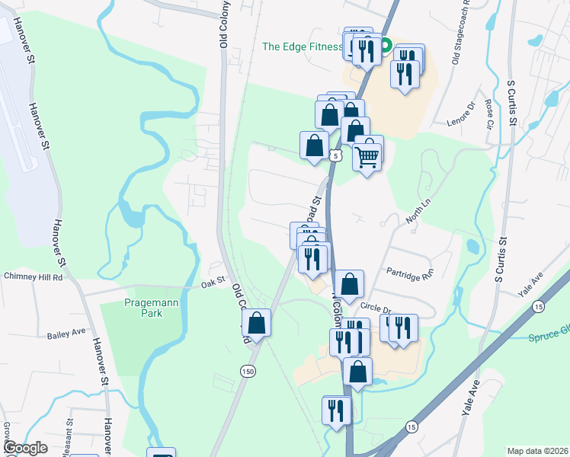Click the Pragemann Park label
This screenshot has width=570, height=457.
(x=142, y=308)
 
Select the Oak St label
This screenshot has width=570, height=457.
(x=214, y=281)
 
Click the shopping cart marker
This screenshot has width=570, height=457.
(x=367, y=156)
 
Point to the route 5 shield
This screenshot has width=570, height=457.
(x=335, y=155)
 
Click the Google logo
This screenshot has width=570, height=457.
(x=26, y=448)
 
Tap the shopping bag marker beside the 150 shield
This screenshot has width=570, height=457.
(x=257, y=323)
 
